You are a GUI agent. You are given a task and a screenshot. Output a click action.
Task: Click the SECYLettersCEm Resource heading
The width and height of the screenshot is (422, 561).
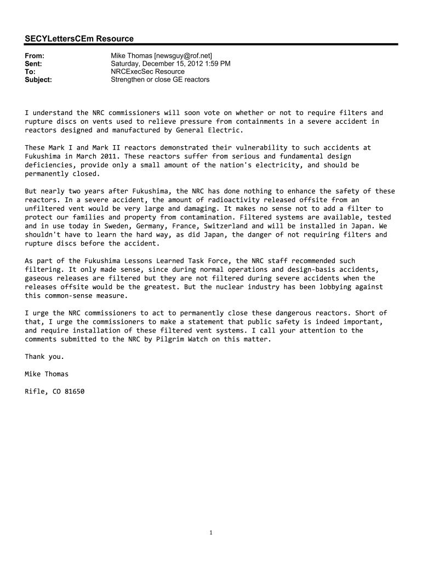[79, 38]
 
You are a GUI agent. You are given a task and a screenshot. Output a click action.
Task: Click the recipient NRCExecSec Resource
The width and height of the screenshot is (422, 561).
[147, 72]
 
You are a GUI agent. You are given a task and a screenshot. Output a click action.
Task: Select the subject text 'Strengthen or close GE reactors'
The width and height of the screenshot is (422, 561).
[160, 79]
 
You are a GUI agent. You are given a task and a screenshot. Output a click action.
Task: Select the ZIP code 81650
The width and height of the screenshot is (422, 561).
[73, 392]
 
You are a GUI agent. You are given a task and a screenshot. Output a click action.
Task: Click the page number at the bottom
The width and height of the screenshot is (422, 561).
[211, 533]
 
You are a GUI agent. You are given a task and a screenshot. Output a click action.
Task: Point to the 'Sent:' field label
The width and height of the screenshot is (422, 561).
[33, 64]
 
